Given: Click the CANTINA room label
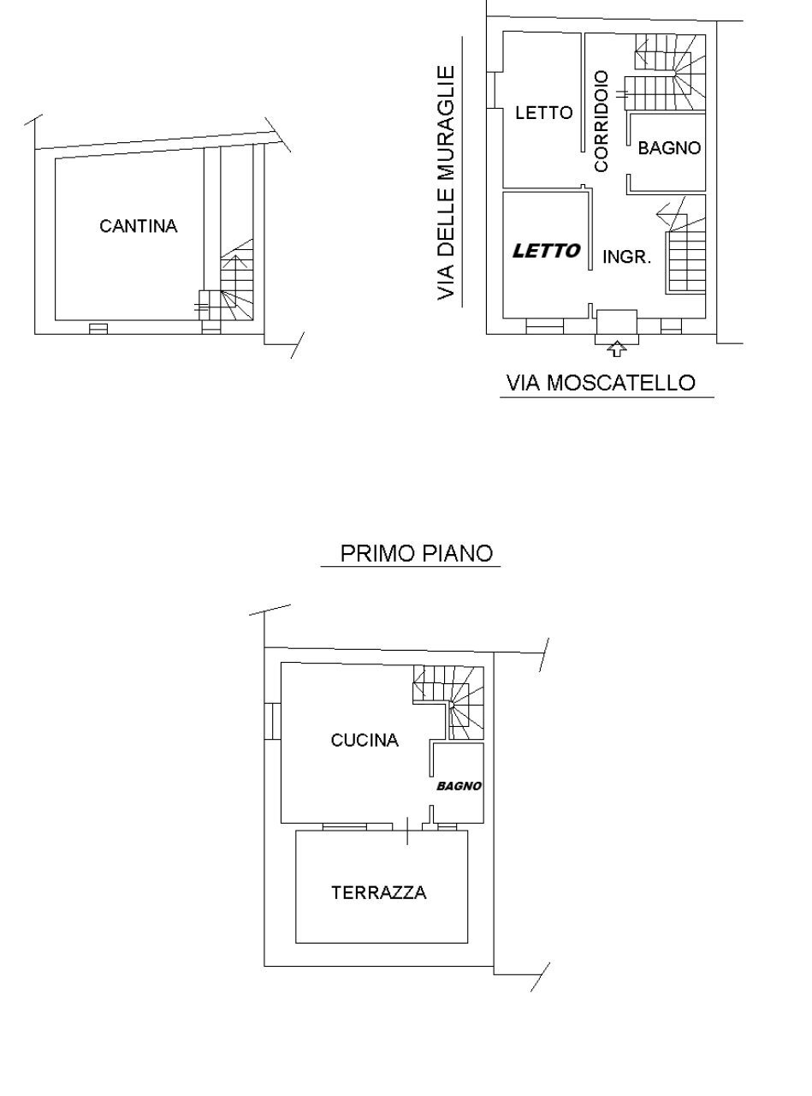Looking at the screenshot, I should coord(138,226).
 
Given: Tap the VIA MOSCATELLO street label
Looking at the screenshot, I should coord(601,383).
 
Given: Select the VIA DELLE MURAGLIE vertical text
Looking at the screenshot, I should coord(446,182).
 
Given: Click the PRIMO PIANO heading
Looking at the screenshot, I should coord(417,553).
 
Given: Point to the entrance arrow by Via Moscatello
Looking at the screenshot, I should coord(616,348).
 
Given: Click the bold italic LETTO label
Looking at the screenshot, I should coord(546,251).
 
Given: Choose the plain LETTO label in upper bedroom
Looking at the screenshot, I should coord(543,112).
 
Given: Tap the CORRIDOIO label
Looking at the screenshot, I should coord(602,121).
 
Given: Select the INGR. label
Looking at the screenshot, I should coord(627,257).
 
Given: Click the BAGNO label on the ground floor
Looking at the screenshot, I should coord(669,148).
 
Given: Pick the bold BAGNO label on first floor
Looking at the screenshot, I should coord(459,786).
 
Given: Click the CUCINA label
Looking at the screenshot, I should coord(365,741).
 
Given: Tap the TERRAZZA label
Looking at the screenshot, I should coord(379,893).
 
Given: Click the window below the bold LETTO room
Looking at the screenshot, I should coord(544,326).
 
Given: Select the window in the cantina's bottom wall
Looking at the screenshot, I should coord(98,328).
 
